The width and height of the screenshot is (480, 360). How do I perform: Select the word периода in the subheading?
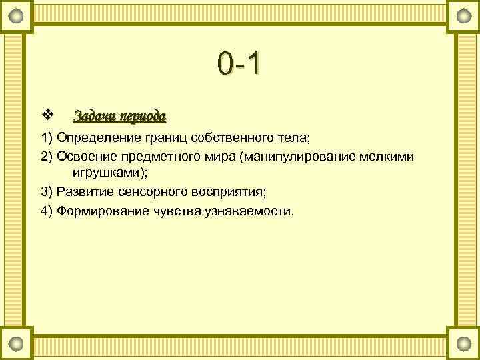[141, 116]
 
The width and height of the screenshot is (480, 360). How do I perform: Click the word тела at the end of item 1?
[291, 138]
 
